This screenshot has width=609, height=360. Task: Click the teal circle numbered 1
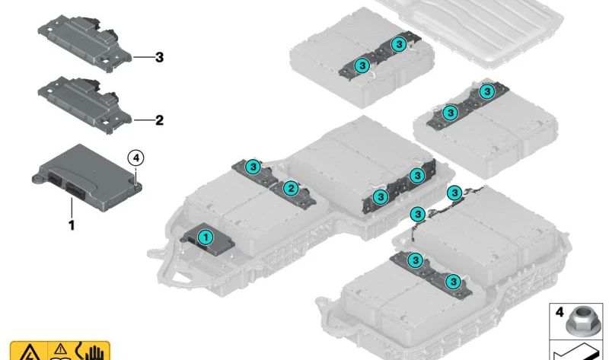click(x=206, y=237)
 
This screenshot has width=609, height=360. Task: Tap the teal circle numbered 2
click(x=291, y=189)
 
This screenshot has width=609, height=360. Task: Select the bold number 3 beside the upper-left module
click(x=159, y=58)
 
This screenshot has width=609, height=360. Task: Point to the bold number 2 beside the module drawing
click(x=159, y=120)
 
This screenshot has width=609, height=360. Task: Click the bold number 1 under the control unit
click(x=72, y=225)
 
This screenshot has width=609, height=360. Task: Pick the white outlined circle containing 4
click(x=136, y=158)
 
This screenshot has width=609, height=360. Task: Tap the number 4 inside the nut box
click(x=560, y=311)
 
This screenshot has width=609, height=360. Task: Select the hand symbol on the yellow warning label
click(x=93, y=352)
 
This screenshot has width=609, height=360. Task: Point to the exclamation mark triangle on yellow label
click(x=61, y=349)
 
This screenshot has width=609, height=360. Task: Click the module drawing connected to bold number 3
click(x=84, y=43)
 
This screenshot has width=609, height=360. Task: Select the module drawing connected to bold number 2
click(x=84, y=105)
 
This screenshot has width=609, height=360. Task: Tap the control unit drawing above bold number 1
click(x=87, y=178)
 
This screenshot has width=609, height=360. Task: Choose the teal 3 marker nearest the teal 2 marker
click(x=253, y=167)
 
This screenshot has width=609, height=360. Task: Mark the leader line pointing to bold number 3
click(x=143, y=58)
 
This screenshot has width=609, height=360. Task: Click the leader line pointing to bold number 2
click(x=143, y=120)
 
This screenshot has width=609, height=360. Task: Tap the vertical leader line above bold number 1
click(x=72, y=208)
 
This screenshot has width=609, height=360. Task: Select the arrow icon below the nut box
click(x=576, y=352)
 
